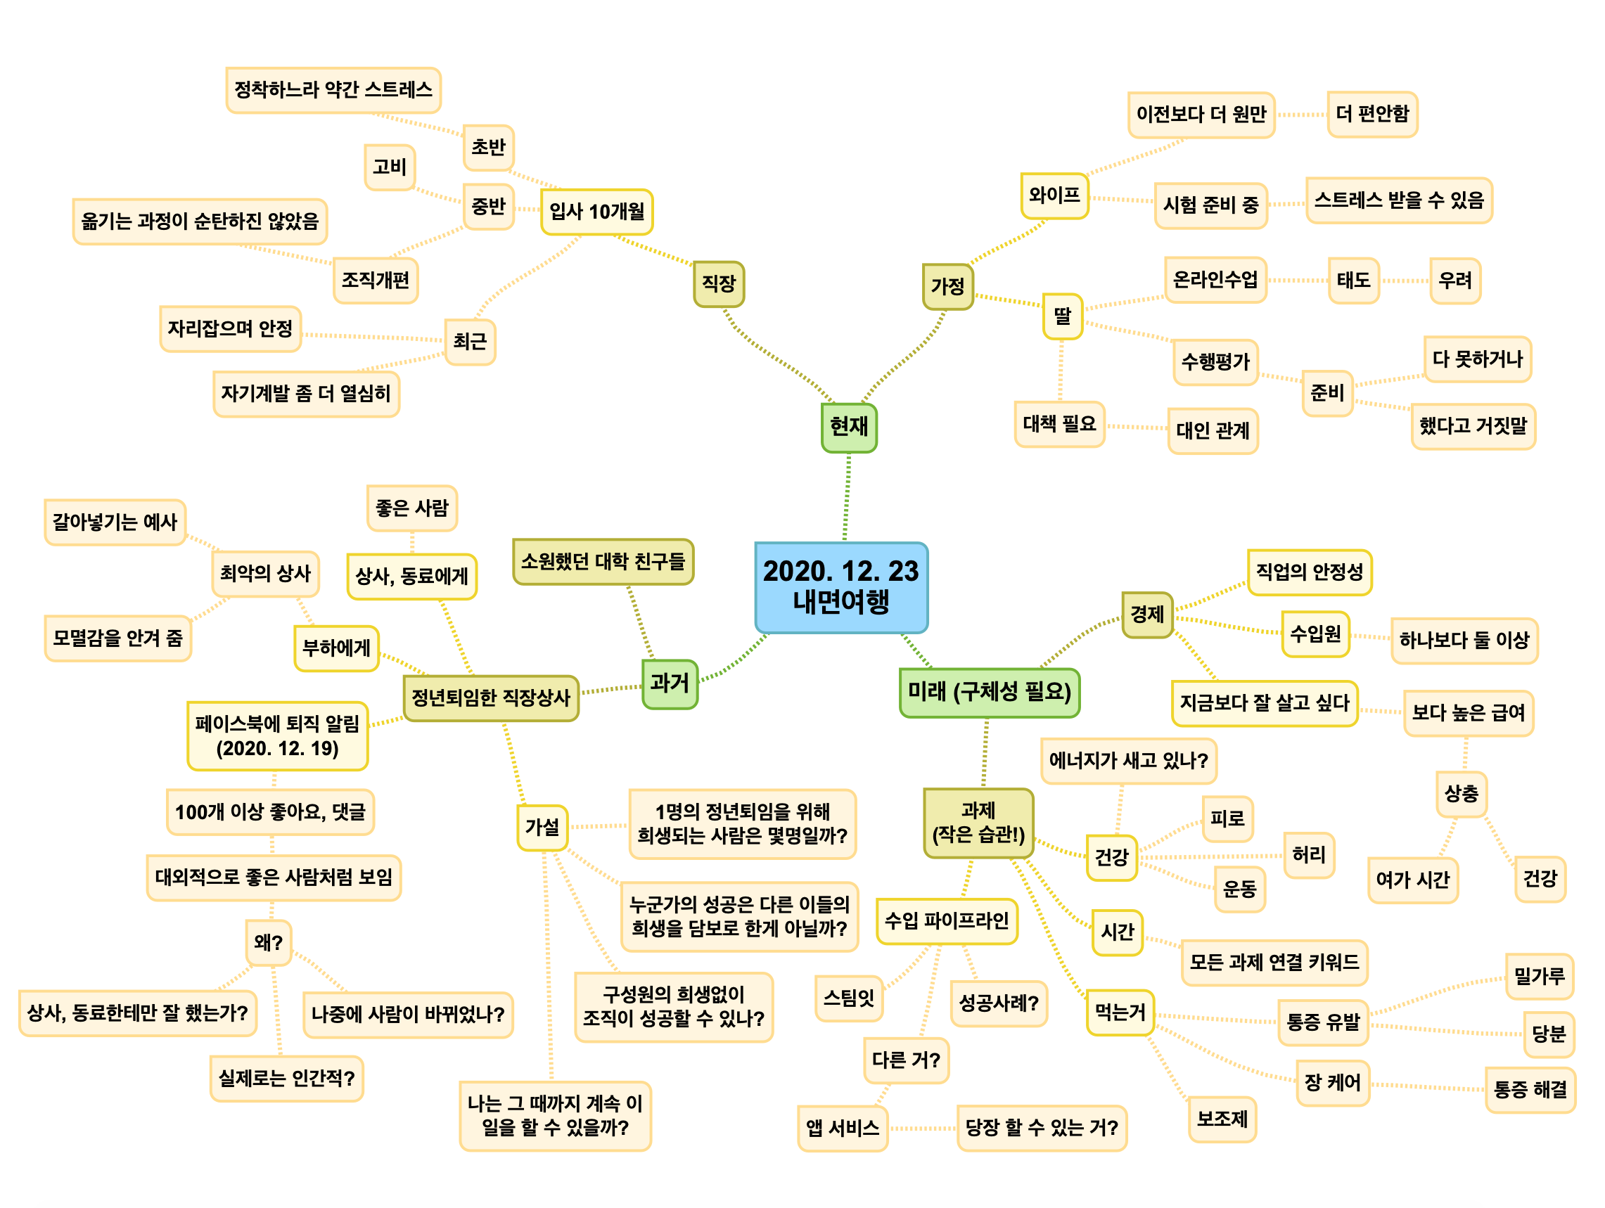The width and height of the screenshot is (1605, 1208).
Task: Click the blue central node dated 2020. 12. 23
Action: [x=840, y=586]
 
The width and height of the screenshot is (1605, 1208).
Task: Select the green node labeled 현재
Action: [x=848, y=427]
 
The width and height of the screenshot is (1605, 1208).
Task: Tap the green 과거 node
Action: [x=669, y=683]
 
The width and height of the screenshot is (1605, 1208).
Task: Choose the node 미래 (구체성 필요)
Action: [x=989, y=692]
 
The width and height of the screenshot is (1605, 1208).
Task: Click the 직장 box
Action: [x=718, y=283]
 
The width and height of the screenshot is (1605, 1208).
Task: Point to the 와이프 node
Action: [x=1054, y=195]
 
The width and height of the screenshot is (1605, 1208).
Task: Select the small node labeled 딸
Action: [x=1061, y=316]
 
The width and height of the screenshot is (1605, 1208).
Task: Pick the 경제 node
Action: [x=1146, y=615]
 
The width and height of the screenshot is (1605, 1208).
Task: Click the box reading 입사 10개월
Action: [x=596, y=211]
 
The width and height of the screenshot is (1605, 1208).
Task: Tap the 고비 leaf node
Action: [x=389, y=167]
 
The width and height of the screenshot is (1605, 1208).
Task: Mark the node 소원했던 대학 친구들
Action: [x=602, y=561]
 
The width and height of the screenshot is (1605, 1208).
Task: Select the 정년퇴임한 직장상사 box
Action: [x=490, y=698]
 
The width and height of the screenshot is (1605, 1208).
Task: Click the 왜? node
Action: [x=268, y=942]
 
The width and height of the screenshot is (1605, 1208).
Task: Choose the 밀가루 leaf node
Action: [x=1538, y=976]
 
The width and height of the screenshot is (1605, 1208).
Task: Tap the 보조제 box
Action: [x=1222, y=1118]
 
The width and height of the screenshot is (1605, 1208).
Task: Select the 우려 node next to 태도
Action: [x=1454, y=280]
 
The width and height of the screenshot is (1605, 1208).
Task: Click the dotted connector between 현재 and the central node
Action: [x=847, y=497]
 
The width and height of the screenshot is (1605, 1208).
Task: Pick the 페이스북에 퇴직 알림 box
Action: [x=277, y=735]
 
